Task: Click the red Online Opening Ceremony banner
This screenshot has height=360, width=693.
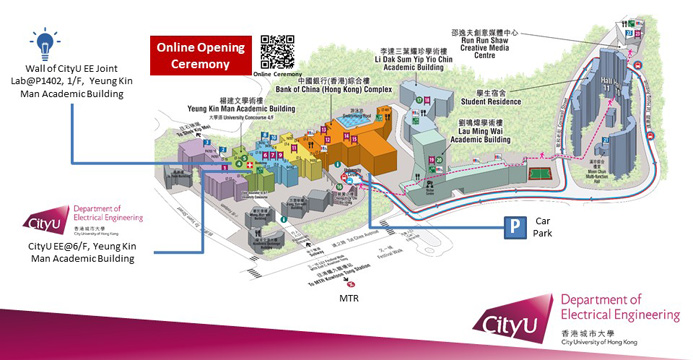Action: (198, 56)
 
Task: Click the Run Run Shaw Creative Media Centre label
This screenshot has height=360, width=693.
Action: (492, 45)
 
